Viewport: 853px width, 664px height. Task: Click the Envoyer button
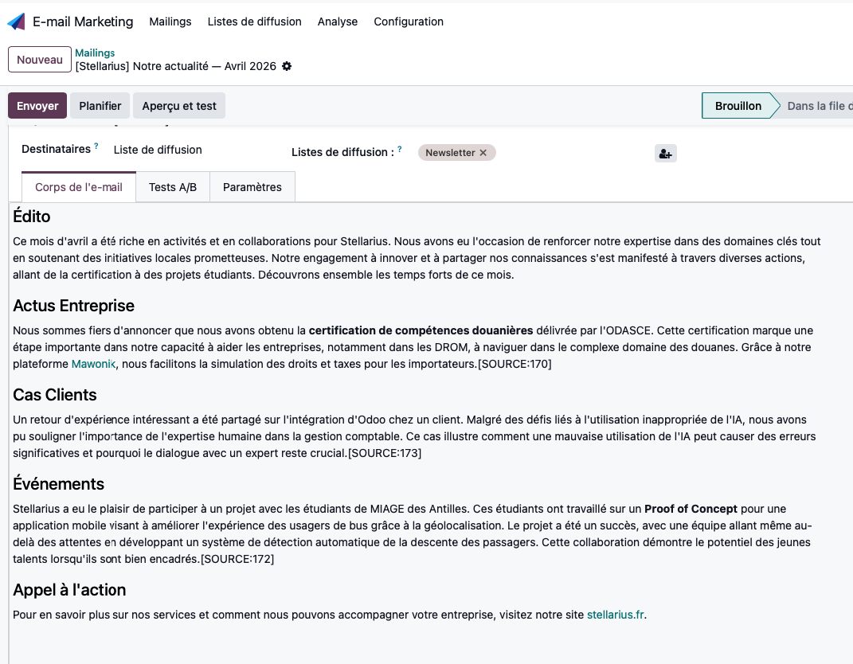(37, 106)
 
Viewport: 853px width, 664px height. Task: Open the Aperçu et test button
(179, 106)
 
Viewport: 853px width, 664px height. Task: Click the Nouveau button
(40, 60)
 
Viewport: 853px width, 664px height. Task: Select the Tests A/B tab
(173, 187)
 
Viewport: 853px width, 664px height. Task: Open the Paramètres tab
(252, 187)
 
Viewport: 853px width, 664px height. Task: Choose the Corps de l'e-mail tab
(79, 188)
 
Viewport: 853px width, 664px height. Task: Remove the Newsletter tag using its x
(483, 153)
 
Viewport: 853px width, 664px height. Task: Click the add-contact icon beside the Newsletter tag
(666, 154)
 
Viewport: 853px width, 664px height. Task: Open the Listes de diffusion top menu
(254, 21)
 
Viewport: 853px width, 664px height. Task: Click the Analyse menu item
(338, 21)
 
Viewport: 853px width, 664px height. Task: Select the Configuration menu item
(409, 21)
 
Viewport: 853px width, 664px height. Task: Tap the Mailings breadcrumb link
(95, 53)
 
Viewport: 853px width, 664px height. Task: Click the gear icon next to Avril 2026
(287, 66)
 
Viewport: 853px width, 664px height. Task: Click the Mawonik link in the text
(94, 364)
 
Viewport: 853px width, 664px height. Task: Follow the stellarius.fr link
(616, 615)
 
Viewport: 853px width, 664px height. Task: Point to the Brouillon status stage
(738, 106)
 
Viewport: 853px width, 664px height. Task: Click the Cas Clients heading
(55, 395)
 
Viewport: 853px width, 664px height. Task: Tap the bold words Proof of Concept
(691, 508)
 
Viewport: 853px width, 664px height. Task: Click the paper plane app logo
(16, 21)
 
